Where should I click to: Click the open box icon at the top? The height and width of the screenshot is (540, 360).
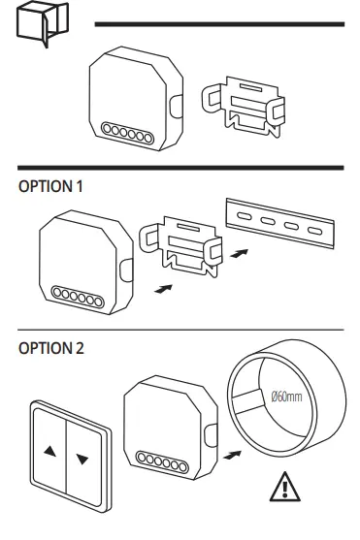(35, 28)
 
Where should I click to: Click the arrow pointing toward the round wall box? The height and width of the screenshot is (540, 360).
(232, 452)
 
